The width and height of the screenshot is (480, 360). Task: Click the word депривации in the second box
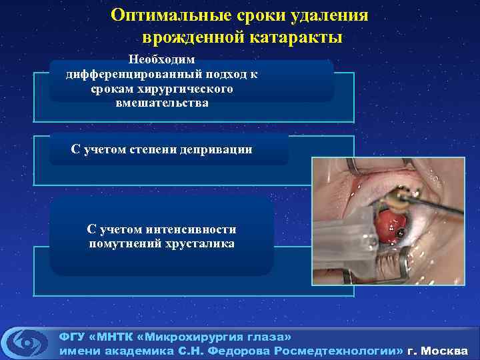point(219,149)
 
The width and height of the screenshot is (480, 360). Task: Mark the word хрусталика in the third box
point(202,244)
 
